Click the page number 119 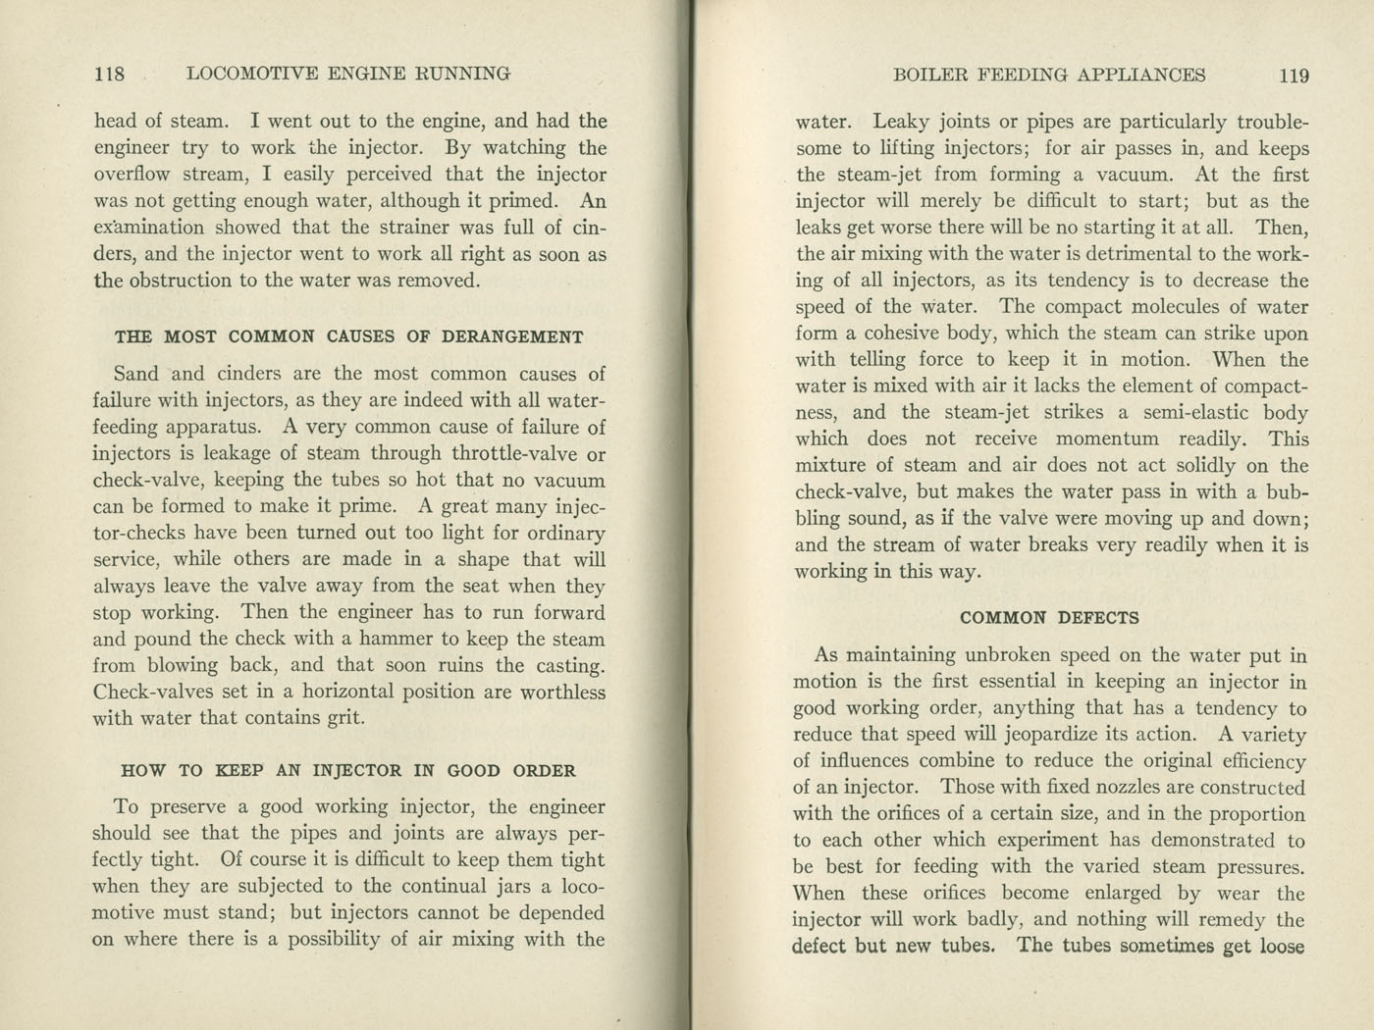click(x=1294, y=76)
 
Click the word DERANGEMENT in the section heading click(x=513, y=337)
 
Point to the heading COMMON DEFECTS click(x=1049, y=618)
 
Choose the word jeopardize click(x=1073, y=735)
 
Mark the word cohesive click(x=897, y=334)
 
